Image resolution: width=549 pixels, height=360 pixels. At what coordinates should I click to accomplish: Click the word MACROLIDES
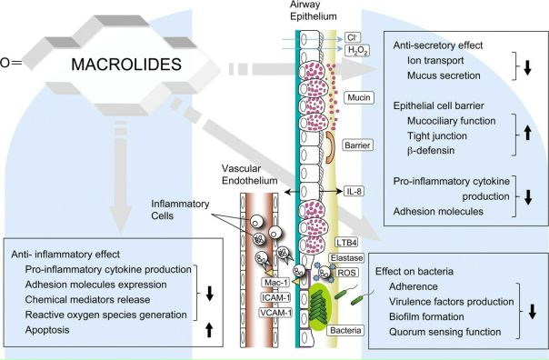coord(126,65)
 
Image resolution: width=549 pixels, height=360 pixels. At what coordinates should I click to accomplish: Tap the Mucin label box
coord(359,97)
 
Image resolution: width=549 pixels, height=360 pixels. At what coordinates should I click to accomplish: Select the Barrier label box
coord(357,145)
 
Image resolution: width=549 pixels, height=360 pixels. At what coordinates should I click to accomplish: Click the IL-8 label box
coord(354,191)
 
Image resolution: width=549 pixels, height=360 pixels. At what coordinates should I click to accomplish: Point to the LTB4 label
coord(346,243)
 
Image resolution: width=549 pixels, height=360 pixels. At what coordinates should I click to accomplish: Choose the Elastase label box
coord(346,258)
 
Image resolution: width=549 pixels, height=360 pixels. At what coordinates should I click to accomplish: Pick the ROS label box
coord(346,273)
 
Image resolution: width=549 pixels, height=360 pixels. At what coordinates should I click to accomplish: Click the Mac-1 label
coord(276,283)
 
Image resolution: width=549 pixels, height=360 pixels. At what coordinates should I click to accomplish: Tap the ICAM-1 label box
coord(276,297)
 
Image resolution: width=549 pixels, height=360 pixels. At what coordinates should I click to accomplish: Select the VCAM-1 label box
coord(276,313)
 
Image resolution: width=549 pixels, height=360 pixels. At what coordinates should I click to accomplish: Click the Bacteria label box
coord(345,330)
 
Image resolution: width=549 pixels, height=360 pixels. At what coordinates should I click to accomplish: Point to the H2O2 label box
coord(357,51)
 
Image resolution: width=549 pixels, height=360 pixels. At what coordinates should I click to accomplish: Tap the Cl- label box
coord(353,37)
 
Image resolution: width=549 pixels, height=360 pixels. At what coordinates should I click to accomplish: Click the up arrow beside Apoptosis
coord(209,330)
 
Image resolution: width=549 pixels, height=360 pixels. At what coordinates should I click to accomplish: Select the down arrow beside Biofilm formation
coord(533,311)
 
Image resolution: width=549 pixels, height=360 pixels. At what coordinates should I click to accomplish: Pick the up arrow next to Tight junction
coord(528,133)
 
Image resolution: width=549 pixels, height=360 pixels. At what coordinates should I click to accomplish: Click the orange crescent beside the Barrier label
coord(331,147)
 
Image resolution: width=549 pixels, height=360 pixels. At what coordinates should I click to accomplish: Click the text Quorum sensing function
coord(445,332)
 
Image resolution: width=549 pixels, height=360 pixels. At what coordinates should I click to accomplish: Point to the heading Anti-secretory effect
coord(438,45)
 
